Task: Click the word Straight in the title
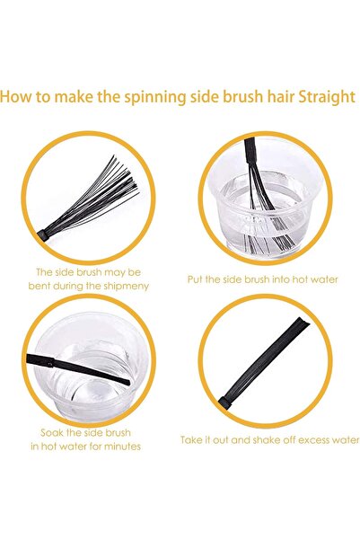(326, 97)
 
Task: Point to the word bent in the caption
(39, 286)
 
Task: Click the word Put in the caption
(195, 279)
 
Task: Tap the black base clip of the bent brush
(44, 235)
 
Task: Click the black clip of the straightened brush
(224, 403)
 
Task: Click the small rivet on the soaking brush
(51, 361)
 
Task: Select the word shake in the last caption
(266, 440)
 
